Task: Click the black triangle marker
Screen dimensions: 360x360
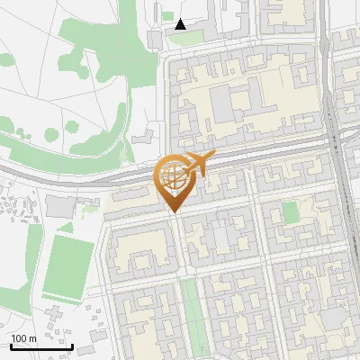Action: click(x=181, y=24)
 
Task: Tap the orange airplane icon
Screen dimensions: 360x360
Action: click(x=201, y=164)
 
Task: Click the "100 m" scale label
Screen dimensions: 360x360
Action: click(x=23, y=338)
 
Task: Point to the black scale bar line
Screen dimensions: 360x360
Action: click(x=41, y=346)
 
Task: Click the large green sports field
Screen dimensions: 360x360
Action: click(x=67, y=267)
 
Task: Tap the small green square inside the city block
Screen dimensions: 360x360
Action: click(x=290, y=212)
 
